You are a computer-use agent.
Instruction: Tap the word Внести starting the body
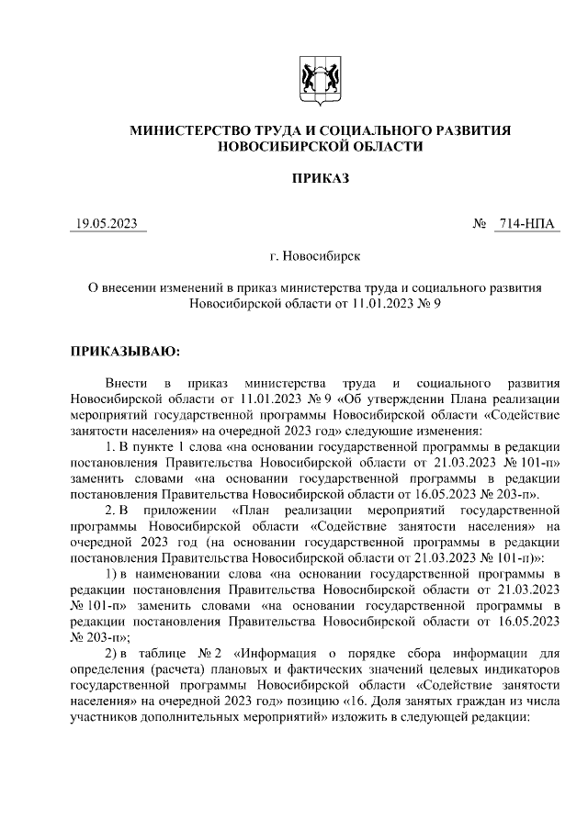click(x=126, y=381)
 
